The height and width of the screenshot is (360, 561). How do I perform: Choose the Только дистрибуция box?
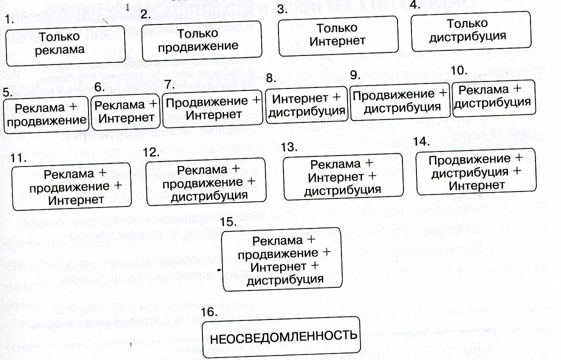467,30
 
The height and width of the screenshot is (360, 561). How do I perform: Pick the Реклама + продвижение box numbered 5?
47,114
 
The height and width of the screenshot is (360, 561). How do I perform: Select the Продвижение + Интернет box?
213,107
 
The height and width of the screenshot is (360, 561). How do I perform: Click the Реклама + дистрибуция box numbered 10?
493,96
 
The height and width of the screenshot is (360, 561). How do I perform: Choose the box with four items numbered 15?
281,259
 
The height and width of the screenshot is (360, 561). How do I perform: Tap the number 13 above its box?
290,147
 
